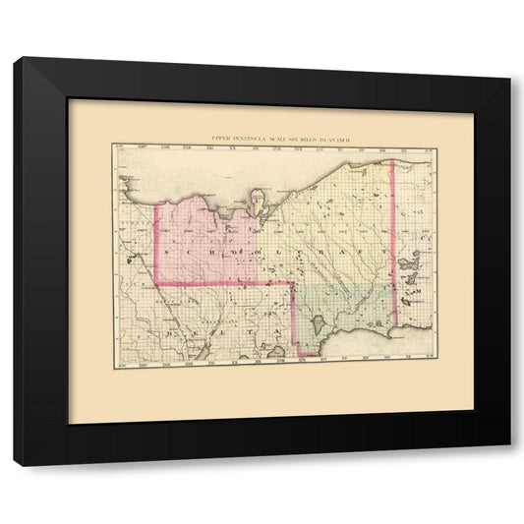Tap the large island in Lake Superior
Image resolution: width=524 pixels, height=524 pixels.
click(259, 203)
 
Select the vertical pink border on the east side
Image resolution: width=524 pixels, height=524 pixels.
click(393, 246)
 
